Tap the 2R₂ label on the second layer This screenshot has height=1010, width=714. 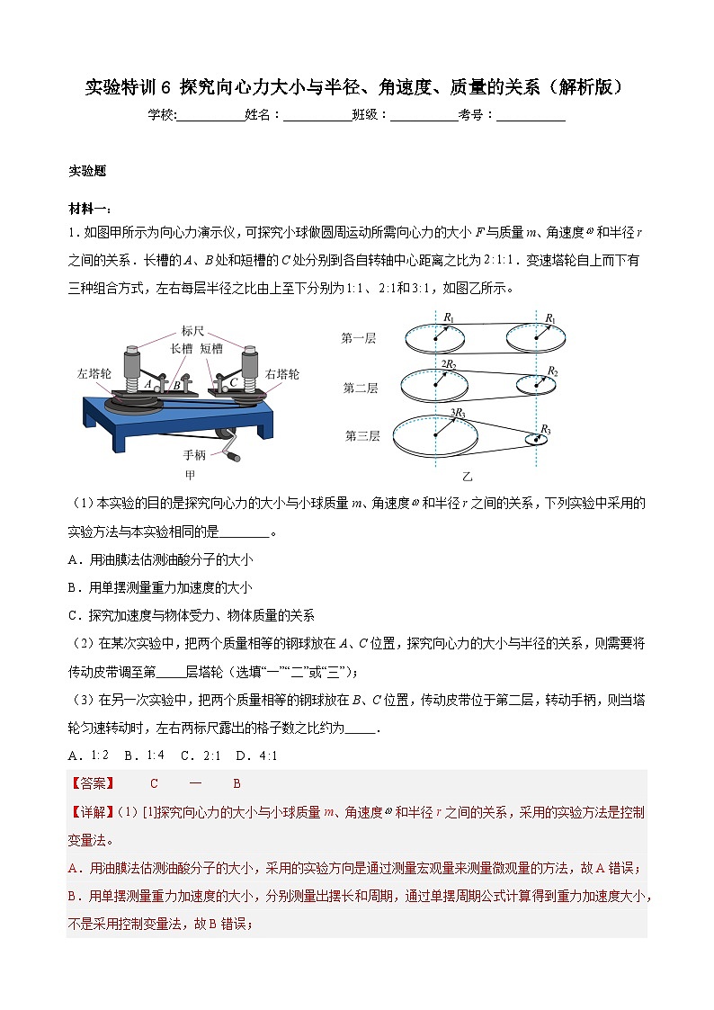tap(448, 362)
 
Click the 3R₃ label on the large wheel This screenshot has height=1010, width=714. tap(457, 412)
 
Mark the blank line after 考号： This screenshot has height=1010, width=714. tap(531, 115)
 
